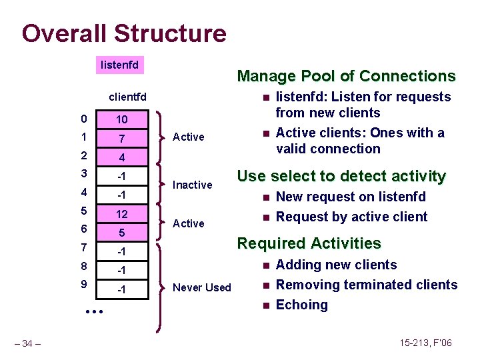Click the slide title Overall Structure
(124, 33)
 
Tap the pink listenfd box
(119, 65)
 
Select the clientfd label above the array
(128, 97)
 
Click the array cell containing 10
(122, 119)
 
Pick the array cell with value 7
(122, 138)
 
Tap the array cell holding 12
(122, 215)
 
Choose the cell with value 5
(122, 233)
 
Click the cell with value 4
(122, 157)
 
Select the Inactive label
(192, 185)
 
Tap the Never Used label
(201, 288)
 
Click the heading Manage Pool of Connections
(346, 76)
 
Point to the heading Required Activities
(309, 243)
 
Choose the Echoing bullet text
(301, 305)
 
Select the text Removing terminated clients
(366, 285)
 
